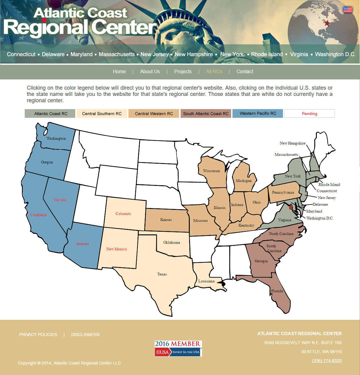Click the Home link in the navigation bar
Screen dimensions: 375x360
(119, 71)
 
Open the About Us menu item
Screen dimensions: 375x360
(150, 71)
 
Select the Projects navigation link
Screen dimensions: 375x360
(183, 71)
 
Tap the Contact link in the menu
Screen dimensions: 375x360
(245, 71)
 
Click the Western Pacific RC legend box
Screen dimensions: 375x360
(258, 114)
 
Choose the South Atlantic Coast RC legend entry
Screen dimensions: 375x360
(206, 114)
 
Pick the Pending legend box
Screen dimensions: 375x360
(309, 114)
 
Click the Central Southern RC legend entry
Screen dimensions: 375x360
(102, 114)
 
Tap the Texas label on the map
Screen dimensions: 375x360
(162, 274)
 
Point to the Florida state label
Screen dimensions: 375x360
(277, 291)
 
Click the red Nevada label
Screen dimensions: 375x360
(60, 200)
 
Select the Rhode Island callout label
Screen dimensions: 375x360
(329, 185)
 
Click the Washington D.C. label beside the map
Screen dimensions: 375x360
(320, 218)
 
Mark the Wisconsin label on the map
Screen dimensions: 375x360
(211, 171)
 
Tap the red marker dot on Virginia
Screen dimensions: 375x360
(290, 207)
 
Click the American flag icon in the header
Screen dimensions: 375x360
(348, 10)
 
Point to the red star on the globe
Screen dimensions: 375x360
(327, 23)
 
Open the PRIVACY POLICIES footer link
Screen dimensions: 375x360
(38, 335)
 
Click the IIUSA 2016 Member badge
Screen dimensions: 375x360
(178, 348)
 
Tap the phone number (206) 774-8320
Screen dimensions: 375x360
(327, 361)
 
